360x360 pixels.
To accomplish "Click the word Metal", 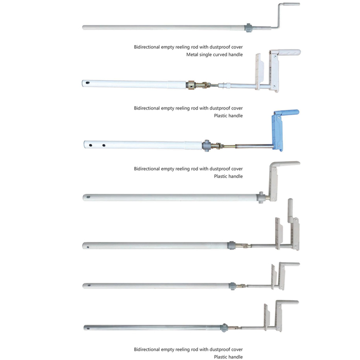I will click(x=193, y=55).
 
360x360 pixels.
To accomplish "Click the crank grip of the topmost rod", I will click(x=291, y=5).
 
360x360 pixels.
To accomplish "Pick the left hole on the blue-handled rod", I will click(x=91, y=146).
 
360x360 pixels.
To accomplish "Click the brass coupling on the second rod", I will click(x=192, y=83).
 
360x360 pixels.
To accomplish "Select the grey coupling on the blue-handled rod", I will click(x=206, y=146).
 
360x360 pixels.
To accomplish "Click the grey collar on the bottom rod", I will click(x=224, y=327).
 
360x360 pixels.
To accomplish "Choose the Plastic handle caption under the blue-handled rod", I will click(x=228, y=176).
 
